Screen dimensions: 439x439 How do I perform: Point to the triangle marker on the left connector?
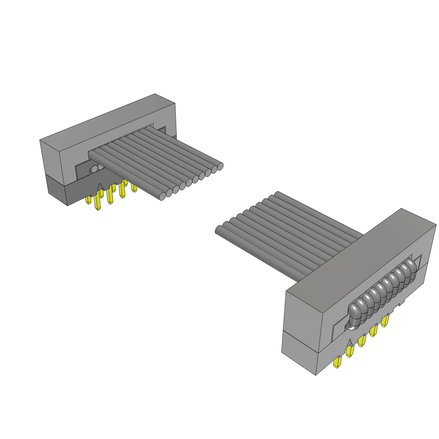pos(101,186)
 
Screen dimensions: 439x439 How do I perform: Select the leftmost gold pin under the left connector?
pos(89,200)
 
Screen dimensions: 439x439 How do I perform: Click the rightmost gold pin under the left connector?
pos(134,188)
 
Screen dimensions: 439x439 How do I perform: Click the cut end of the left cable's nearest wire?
pos(162,196)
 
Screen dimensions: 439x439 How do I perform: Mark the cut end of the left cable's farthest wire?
pos(220,166)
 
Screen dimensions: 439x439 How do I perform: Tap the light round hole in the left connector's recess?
pos(94,169)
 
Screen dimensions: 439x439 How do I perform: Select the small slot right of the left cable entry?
pos(162,129)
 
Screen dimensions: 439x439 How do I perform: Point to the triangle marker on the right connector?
pos(350,342)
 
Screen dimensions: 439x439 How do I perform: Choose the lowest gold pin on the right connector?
pos(337,363)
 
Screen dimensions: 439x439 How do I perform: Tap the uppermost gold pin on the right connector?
pos(385,320)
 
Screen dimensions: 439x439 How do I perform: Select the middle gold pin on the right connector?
pos(361,341)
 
